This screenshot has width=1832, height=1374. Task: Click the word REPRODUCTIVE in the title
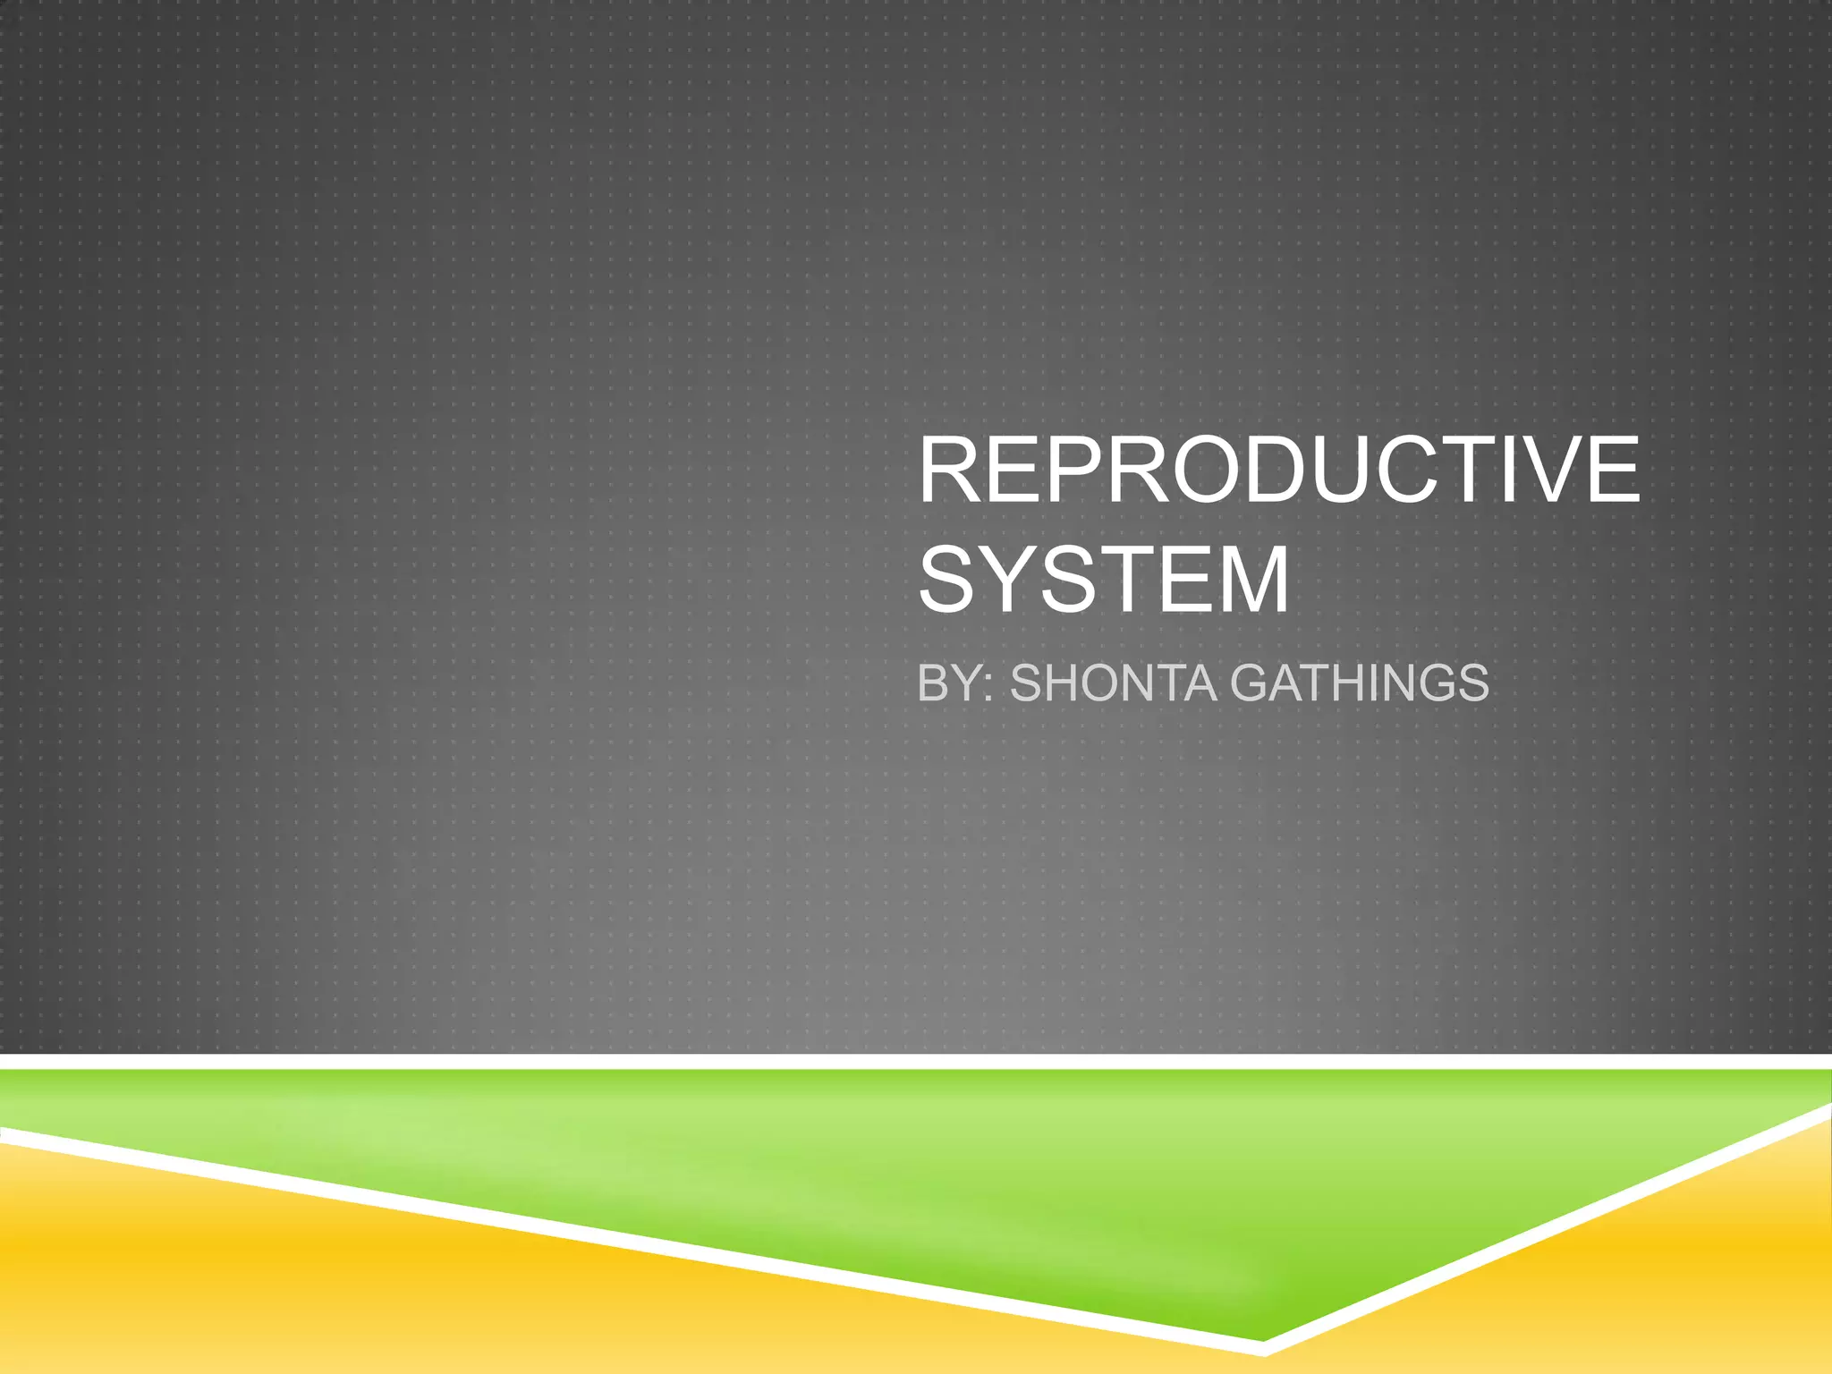[1279, 471]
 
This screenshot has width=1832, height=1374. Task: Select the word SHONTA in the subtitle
[1113, 683]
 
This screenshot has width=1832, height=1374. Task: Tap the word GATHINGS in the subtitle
[1360, 683]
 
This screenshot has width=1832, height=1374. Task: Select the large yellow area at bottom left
[268, 1288]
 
